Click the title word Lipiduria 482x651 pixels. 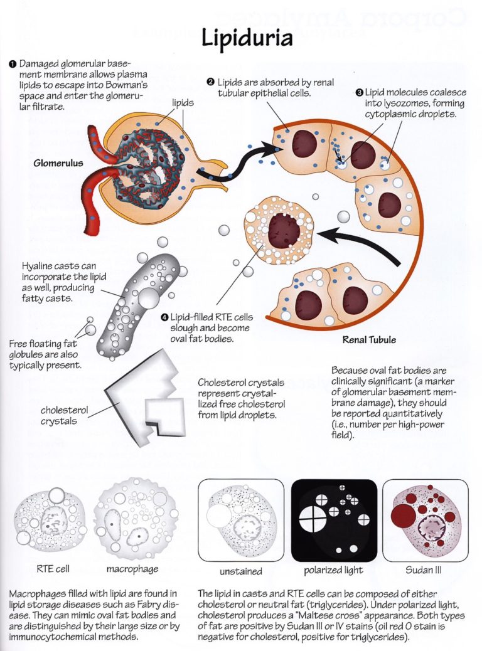tap(247, 38)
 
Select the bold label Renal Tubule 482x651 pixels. tap(369, 341)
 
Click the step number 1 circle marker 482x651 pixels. tap(13, 64)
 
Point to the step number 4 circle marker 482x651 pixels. tap(164, 318)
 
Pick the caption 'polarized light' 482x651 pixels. tap(333, 570)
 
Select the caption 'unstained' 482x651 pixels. tap(240, 571)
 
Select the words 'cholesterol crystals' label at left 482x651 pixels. tap(60, 415)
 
